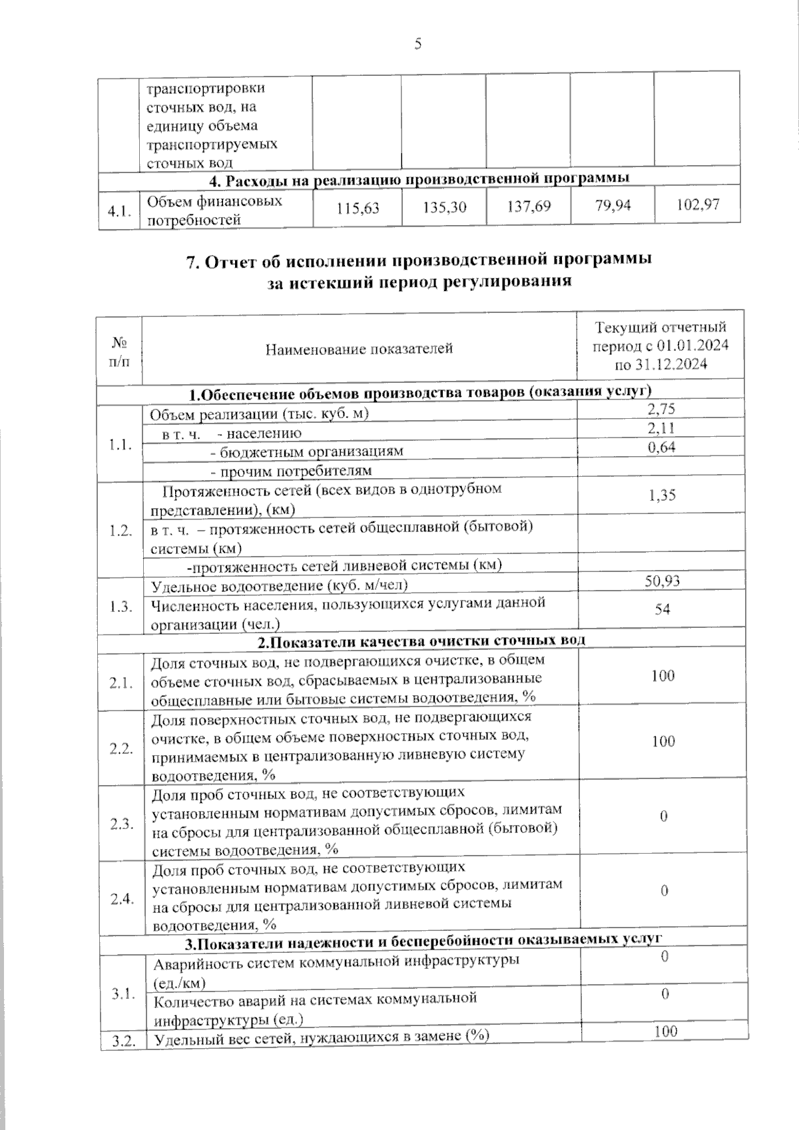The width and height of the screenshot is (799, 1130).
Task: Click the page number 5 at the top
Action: click(x=417, y=45)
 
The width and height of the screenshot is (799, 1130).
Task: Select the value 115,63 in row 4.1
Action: click(x=358, y=208)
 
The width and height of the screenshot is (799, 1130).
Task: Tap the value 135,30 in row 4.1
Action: click(x=444, y=208)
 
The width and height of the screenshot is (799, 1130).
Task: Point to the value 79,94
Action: click(x=612, y=205)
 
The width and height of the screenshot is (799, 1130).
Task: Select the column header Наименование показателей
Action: click(x=359, y=348)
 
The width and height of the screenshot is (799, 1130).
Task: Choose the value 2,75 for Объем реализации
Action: click(x=661, y=409)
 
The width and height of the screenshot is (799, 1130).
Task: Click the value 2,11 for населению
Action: click(x=661, y=428)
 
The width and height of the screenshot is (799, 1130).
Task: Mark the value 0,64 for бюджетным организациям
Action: click(x=661, y=447)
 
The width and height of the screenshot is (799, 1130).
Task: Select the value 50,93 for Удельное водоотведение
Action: click(x=662, y=581)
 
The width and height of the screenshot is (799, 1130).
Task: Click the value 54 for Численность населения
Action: click(x=662, y=609)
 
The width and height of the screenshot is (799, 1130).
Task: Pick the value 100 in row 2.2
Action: click(x=663, y=741)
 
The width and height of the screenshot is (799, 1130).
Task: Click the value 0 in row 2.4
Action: click(x=664, y=891)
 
